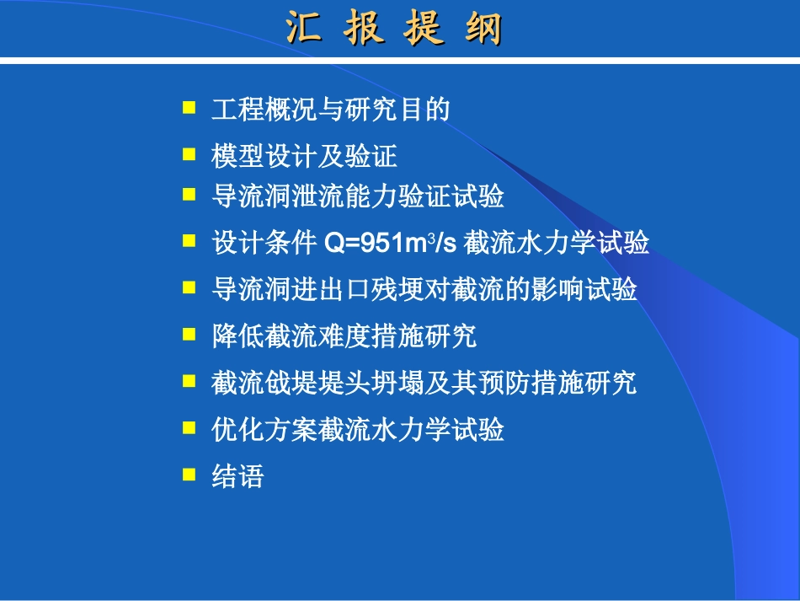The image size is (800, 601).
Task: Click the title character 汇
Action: click(306, 30)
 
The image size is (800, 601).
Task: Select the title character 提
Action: click(424, 30)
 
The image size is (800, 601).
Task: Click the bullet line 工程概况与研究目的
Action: click(331, 110)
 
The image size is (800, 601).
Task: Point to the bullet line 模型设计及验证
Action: click(304, 156)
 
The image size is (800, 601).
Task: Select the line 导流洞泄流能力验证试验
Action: click(358, 196)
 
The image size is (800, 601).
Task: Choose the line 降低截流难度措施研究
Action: click(344, 335)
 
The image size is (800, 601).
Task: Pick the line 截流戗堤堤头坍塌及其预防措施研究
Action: click(424, 383)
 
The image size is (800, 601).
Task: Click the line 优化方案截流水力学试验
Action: click(358, 429)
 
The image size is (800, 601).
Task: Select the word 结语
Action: click(237, 476)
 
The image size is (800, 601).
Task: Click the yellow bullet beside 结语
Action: click(189, 475)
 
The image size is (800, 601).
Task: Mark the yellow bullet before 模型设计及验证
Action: click(189, 153)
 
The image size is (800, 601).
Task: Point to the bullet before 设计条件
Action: click(189, 241)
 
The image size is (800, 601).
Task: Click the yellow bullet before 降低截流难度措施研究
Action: click(189, 334)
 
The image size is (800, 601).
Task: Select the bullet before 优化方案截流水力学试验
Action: click(189, 427)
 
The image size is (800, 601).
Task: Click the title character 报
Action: click(365, 30)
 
